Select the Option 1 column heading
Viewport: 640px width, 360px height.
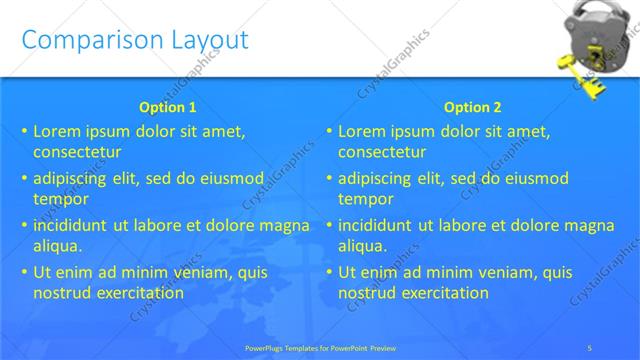pos(166,107)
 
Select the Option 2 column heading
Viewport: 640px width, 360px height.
pos(473,107)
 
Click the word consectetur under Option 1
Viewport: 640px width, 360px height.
pos(77,153)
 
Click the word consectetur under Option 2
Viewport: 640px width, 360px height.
pos(382,153)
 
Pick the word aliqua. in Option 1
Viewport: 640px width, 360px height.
pos(57,246)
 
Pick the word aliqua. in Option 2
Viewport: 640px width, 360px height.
pos(362,246)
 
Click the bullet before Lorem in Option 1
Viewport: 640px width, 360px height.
pos(24,131)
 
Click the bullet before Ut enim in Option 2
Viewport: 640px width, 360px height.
pos(329,272)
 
